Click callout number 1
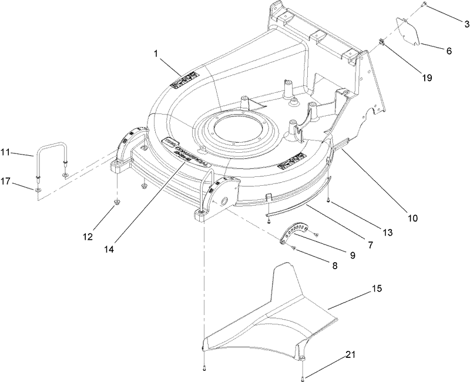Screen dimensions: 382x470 [x=156, y=53]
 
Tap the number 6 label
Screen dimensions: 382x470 [x=449, y=51]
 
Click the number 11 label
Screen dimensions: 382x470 [x=6, y=153]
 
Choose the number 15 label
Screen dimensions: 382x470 [x=377, y=290]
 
